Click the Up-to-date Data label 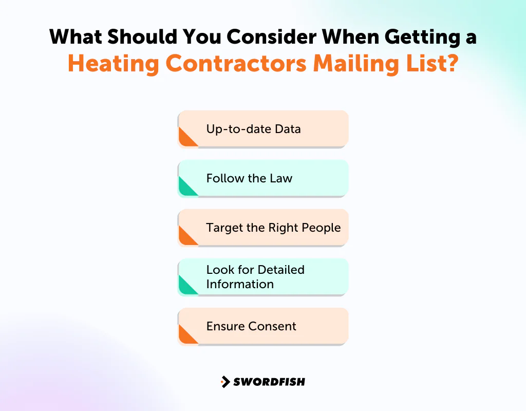(x=253, y=128)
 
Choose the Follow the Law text (x=249, y=178)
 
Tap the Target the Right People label (x=273, y=228)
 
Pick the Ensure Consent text (x=251, y=326)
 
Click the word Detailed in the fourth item (x=281, y=270)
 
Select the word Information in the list (x=240, y=284)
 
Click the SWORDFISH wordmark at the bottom (x=269, y=382)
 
